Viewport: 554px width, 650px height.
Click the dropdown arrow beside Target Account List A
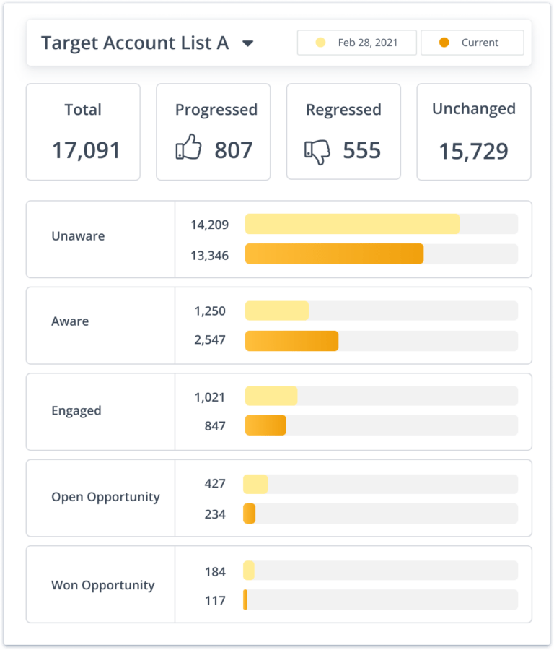247,43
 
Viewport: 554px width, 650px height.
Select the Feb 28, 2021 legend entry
357,43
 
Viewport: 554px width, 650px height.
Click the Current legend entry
472,43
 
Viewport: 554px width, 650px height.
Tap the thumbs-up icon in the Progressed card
189,149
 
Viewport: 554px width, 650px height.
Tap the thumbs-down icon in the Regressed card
317,150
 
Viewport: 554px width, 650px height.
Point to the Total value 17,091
86,150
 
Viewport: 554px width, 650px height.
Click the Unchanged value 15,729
473,151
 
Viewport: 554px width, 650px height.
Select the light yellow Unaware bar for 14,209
352,224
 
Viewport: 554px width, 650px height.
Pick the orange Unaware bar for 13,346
334,253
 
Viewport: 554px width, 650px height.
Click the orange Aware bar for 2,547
291,341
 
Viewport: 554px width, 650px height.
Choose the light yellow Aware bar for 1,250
277,311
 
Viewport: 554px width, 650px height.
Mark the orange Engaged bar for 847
265,426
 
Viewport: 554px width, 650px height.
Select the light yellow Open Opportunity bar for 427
255,484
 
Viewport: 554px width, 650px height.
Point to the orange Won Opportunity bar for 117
245,600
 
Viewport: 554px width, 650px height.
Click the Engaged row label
76,411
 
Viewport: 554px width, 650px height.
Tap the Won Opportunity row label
102,585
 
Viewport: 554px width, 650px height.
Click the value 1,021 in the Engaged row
209,397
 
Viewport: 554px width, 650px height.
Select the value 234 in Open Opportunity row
214,514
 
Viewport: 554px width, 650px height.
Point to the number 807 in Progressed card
233,150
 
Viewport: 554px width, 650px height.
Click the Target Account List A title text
135,43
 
